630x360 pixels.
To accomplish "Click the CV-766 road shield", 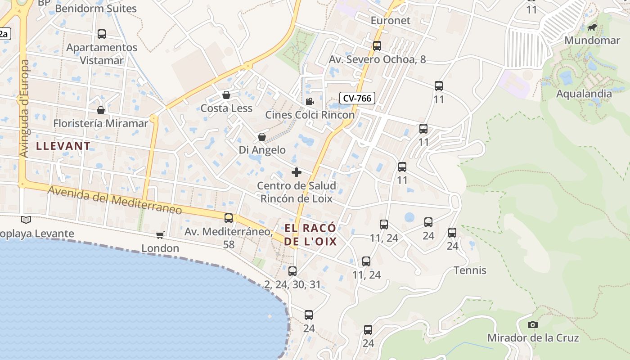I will click(x=357, y=98).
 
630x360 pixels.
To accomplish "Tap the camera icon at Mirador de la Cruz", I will click(x=532, y=324).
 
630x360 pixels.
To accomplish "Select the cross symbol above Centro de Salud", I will click(x=297, y=172).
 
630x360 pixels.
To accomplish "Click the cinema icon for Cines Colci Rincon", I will click(x=310, y=101).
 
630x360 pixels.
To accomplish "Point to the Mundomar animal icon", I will click(x=592, y=27).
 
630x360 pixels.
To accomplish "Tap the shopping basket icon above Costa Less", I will click(x=226, y=95).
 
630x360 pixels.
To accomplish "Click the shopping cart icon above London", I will click(x=160, y=235).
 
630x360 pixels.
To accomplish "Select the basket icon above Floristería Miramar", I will click(x=101, y=110).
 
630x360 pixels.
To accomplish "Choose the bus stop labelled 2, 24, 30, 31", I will click(x=292, y=271).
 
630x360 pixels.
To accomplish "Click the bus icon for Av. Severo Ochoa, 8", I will click(x=377, y=45).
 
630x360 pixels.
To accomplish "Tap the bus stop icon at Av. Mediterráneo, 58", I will click(x=229, y=218).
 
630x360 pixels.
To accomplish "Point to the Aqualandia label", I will click(x=584, y=94).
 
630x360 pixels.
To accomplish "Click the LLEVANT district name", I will click(x=63, y=146).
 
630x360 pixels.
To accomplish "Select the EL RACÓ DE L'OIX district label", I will click(x=310, y=234).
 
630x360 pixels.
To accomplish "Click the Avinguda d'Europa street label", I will click(x=24, y=108).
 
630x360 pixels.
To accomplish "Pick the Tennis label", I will click(x=470, y=270).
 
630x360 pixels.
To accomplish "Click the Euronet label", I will click(x=391, y=21).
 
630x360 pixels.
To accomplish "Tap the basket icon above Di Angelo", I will click(x=262, y=137).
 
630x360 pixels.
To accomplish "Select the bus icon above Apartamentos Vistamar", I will click(x=102, y=34).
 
